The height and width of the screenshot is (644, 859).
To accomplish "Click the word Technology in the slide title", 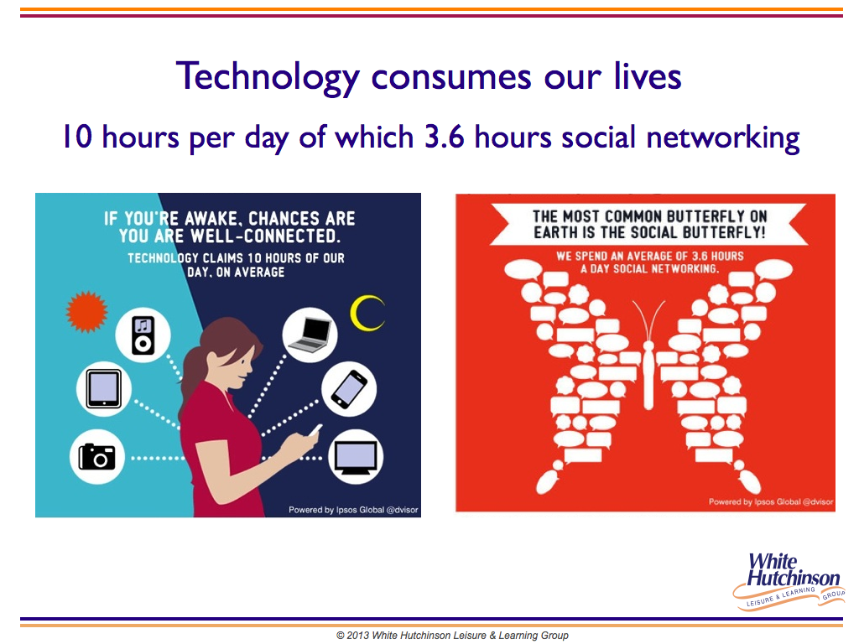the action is coord(268,76).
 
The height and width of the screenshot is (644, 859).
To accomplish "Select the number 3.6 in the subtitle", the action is coord(445,137).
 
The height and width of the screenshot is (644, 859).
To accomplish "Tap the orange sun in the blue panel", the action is coord(86,312).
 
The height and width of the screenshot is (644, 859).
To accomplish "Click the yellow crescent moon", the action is coord(367,314).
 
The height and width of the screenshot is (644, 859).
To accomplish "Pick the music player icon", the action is coord(143,335).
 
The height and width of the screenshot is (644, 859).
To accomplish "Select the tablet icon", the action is coord(103,389).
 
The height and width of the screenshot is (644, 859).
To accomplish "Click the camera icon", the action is coord(97,457).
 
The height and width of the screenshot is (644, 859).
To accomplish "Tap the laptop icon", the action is coord(310,335).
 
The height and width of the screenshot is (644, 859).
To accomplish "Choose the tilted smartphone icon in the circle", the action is coord(349,389).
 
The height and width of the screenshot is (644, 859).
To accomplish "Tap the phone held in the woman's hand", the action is coord(315,430).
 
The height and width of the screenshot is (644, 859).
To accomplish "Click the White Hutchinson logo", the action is coord(789,580).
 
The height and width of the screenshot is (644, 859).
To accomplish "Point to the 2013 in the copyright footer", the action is coord(357,636).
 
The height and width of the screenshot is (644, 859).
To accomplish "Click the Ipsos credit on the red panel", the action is coord(770,501).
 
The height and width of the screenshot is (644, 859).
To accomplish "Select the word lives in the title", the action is coord(648,76).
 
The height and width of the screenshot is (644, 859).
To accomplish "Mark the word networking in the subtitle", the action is coord(723,138).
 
